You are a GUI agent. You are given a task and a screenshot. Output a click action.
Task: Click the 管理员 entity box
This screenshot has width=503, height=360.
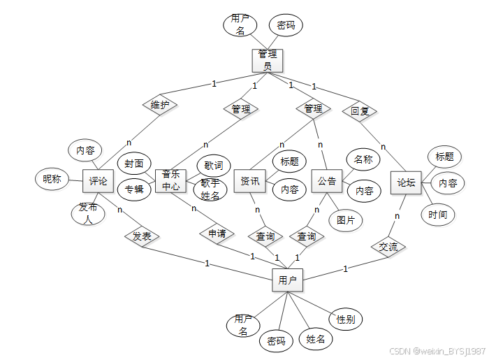[268, 60]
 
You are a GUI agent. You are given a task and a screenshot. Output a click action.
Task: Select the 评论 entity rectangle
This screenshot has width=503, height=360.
[98, 181]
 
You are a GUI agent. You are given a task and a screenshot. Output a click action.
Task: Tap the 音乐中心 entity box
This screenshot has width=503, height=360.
[170, 180]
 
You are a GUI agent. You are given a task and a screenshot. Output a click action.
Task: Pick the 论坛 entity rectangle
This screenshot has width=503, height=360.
[406, 182]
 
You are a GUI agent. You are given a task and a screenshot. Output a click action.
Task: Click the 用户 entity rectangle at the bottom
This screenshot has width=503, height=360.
[287, 280]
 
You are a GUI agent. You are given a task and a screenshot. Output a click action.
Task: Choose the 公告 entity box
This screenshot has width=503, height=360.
[326, 181]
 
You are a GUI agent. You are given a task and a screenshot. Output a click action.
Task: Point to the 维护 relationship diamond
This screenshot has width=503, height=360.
[160, 106]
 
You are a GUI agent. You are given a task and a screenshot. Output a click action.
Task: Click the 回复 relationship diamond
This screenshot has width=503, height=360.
[360, 110]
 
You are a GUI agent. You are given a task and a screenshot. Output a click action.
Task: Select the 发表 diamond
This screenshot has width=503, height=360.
[142, 236]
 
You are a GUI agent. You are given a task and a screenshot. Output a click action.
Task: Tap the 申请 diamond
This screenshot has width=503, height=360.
[217, 233]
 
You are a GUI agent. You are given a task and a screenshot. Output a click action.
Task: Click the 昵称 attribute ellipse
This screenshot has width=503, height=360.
[52, 179]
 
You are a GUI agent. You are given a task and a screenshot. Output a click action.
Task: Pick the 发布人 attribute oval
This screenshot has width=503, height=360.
[88, 213]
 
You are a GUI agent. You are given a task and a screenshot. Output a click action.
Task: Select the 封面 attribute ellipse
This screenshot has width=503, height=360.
[134, 164]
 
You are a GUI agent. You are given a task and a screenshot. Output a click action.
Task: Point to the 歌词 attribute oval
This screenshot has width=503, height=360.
[214, 166]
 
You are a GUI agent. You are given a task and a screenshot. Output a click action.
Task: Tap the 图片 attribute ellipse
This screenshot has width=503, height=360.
[346, 220]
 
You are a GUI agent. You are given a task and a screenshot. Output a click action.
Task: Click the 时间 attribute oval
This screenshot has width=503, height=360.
[437, 214]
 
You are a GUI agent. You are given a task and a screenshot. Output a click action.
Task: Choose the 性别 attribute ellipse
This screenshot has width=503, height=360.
[345, 319]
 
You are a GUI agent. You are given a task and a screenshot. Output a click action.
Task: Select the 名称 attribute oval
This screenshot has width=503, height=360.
[363, 159]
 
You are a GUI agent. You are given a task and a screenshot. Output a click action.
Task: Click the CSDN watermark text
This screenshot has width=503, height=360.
[437, 351]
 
